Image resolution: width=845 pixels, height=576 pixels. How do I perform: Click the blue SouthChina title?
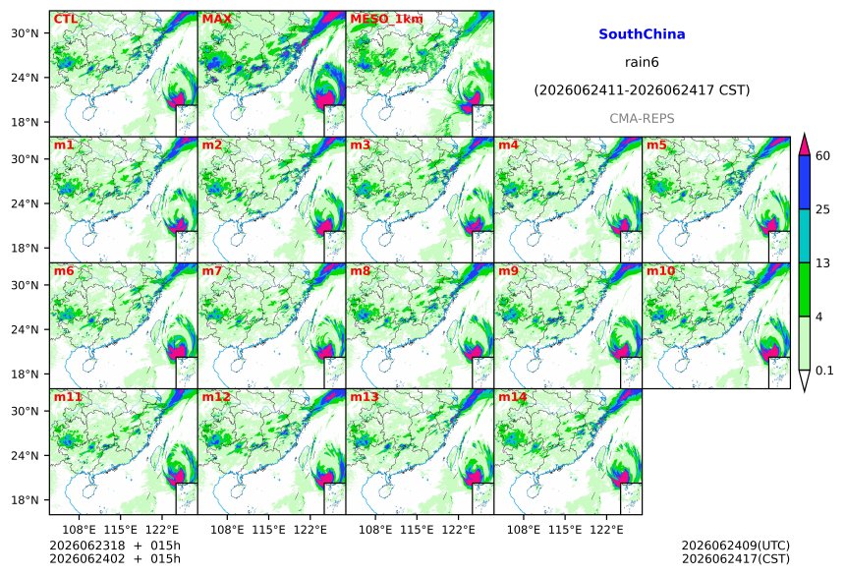point(642,34)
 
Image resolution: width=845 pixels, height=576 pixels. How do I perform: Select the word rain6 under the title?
point(642,62)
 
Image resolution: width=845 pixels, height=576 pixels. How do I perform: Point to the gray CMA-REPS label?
point(642,119)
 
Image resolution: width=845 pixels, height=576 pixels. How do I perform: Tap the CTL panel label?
point(65,19)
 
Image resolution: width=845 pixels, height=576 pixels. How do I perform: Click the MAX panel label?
point(216,19)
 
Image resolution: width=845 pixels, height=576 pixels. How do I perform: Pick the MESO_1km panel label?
point(386,20)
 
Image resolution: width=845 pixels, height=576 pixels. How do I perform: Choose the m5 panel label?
point(656,145)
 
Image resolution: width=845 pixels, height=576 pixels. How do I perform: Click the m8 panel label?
point(360,270)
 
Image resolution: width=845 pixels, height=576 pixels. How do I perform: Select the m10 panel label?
point(660,270)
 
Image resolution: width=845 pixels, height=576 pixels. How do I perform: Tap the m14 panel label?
point(513,397)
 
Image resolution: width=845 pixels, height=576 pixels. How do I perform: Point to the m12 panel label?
point(216,397)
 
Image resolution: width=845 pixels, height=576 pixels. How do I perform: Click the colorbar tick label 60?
point(823,156)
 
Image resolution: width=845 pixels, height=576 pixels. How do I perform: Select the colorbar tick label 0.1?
point(824,371)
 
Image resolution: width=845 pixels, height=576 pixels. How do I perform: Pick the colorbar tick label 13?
point(823,263)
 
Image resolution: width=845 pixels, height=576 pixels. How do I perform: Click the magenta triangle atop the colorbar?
point(804,145)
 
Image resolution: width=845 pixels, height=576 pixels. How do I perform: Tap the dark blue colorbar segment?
point(804,182)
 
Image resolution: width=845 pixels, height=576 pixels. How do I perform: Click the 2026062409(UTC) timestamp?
point(736,546)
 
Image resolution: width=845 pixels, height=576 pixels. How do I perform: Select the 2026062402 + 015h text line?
point(115,559)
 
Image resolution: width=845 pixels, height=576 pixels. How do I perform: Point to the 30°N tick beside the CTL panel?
point(25,33)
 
